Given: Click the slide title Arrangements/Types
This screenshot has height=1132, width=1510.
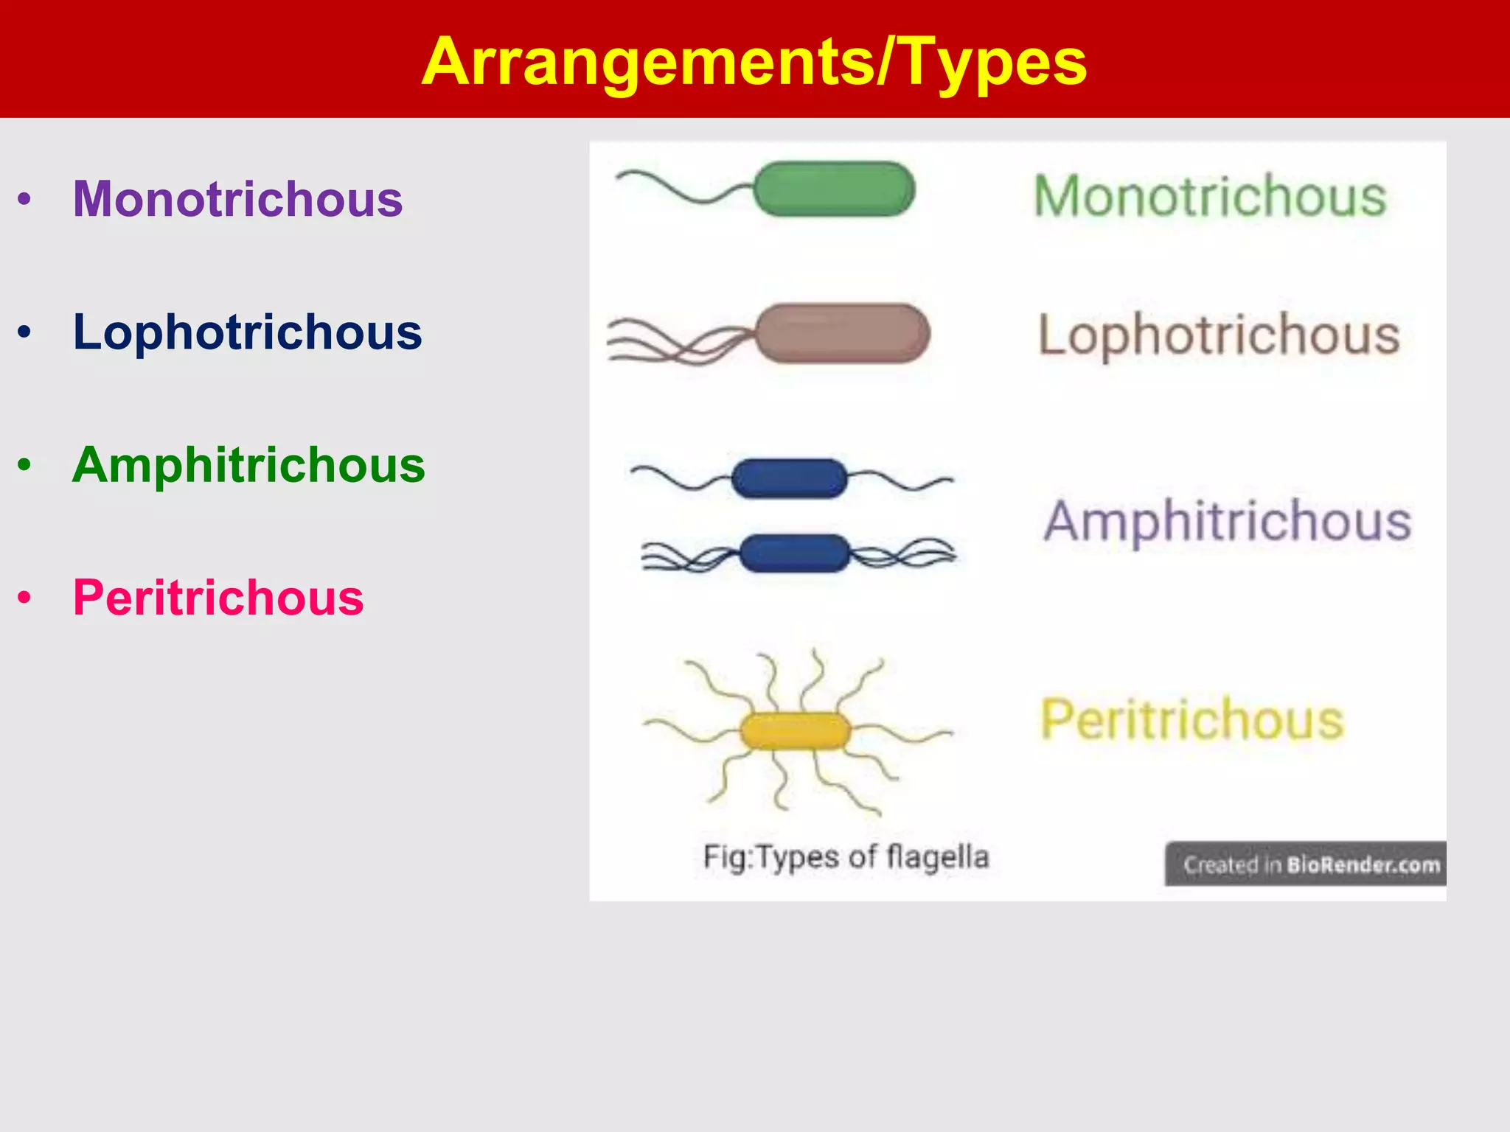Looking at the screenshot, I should [754, 62].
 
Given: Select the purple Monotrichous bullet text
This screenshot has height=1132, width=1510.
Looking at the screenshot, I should [237, 199].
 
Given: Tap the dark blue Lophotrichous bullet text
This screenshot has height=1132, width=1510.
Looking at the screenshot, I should [247, 332].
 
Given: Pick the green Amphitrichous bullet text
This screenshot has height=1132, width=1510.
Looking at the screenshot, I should [248, 465].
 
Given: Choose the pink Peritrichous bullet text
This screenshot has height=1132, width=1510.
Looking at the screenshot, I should [218, 598].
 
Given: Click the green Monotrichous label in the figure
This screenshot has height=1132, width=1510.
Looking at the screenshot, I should [1210, 196].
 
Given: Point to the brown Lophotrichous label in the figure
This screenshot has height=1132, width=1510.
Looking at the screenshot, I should [1219, 335].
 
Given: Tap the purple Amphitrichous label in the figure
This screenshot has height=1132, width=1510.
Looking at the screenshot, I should [1228, 521].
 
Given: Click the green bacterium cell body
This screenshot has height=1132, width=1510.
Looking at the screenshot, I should [834, 189].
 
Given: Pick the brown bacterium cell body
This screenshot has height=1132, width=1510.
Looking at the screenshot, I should [843, 333].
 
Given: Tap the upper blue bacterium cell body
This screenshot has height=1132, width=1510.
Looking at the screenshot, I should [789, 478].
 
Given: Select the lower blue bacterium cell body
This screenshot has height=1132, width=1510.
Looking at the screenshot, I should [795, 553].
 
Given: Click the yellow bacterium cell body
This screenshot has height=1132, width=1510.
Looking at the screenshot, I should [795, 731].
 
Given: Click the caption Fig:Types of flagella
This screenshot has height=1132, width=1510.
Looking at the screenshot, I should [846, 857].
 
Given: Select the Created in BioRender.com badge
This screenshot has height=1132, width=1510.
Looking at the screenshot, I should [1306, 864].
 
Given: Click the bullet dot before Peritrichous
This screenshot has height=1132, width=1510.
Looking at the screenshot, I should [25, 598].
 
